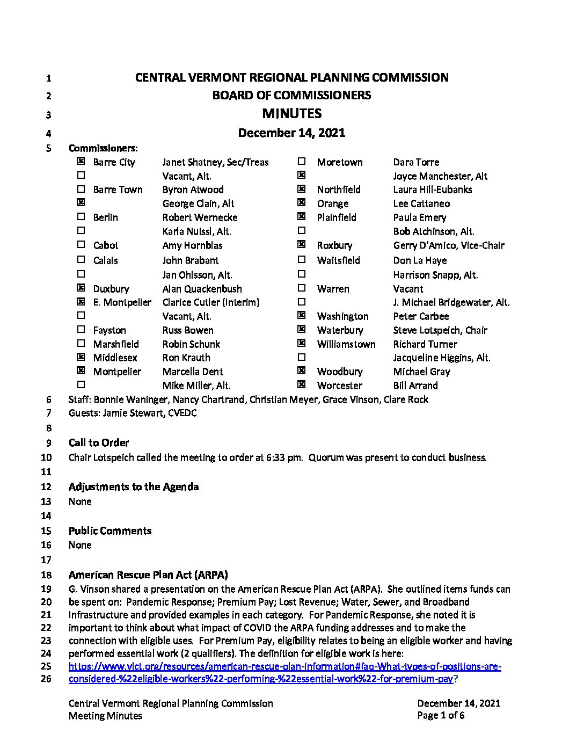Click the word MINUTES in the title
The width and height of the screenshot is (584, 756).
(x=291, y=113)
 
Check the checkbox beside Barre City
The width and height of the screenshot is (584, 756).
(x=81, y=161)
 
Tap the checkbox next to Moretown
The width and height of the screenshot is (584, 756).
(x=302, y=161)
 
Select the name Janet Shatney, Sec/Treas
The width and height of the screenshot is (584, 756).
(x=215, y=162)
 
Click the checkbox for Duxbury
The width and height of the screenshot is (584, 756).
(x=81, y=288)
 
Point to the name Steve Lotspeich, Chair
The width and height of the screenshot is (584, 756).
(x=440, y=330)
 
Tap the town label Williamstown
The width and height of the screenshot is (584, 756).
(x=346, y=344)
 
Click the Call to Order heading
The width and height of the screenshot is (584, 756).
(x=99, y=443)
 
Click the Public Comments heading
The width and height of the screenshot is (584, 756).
(x=110, y=530)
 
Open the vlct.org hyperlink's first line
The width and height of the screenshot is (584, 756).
(x=284, y=666)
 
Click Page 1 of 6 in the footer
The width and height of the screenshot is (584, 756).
(x=441, y=715)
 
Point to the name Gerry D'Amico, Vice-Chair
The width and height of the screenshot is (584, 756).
(x=449, y=245)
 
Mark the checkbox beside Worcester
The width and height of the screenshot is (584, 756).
(x=302, y=384)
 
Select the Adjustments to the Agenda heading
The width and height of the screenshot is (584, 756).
(x=134, y=486)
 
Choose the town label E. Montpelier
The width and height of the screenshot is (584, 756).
(x=122, y=302)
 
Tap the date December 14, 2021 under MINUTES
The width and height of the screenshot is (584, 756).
(x=291, y=133)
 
